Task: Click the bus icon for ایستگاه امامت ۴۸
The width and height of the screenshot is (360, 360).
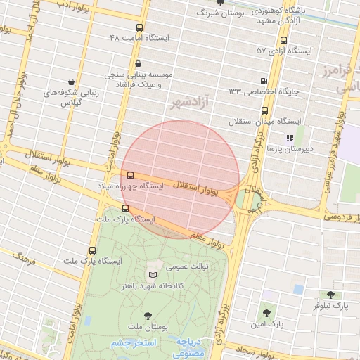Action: click(x=139, y=28)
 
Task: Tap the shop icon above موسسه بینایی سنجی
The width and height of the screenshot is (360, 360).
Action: click(x=137, y=63)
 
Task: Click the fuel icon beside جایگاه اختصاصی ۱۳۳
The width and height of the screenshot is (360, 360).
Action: click(x=264, y=82)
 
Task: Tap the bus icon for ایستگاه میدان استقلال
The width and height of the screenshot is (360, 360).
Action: click(x=264, y=110)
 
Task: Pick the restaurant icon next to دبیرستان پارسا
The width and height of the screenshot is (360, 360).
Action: click(x=289, y=139)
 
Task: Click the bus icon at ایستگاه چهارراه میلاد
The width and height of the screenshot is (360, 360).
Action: click(x=130, y=175)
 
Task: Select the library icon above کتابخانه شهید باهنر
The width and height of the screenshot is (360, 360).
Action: click(x=153, y=275)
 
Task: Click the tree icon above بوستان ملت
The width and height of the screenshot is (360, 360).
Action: click(x=147, y=316)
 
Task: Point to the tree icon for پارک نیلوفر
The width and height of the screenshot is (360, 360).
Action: click(x=330, y=295)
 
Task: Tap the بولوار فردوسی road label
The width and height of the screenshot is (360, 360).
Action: click(x=344, y=214)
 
